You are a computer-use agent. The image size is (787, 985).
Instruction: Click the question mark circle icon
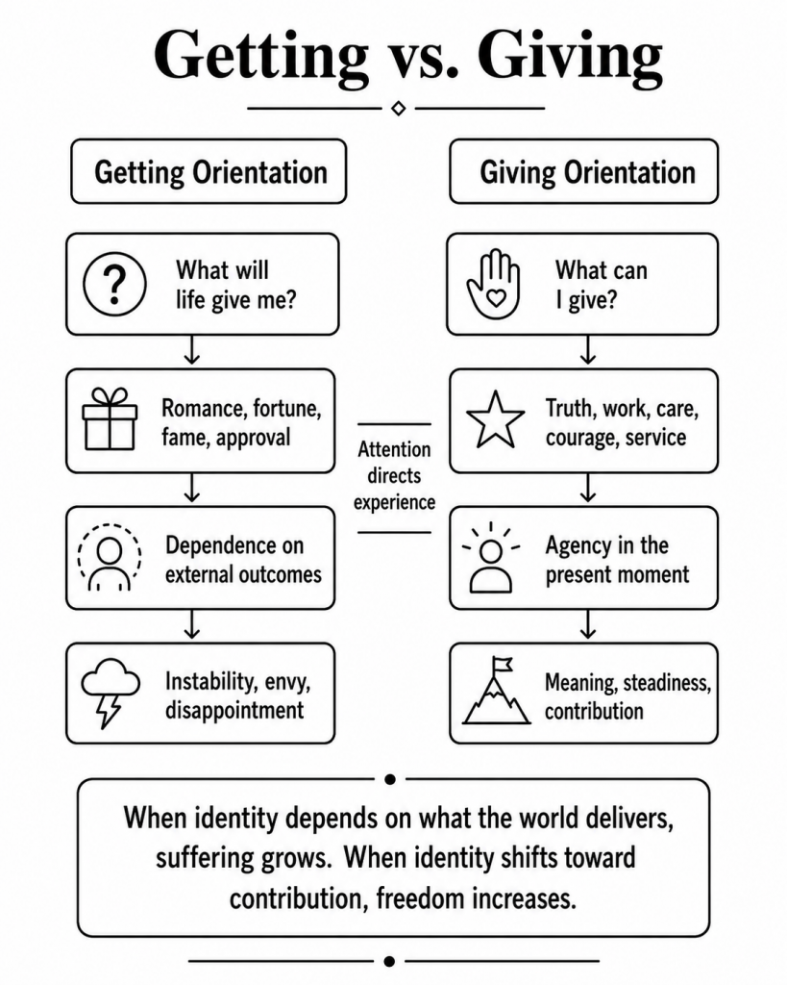(115, 284)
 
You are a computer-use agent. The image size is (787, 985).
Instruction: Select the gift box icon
(110, 419)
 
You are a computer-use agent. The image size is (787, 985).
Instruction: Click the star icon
(495, 419)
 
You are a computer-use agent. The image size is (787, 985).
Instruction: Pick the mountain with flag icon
(497, 691)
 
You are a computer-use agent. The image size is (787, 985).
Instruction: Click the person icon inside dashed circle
(110, 557)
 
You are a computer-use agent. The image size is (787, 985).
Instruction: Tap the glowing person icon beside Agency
(491, 557)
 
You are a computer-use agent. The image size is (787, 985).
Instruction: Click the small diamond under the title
(398, 109)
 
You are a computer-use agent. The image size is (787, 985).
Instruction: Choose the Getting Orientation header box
(209, 171)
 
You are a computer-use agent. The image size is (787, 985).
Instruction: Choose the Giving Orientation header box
(583, 171)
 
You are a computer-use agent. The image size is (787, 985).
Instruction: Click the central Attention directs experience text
(394, 476)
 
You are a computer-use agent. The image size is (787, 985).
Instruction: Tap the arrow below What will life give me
(192, 350)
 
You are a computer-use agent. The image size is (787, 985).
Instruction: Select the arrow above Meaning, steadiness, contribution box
(587, 624)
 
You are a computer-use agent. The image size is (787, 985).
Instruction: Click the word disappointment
(234, 711)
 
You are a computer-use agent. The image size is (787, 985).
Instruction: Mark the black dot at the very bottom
(389, 961)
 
